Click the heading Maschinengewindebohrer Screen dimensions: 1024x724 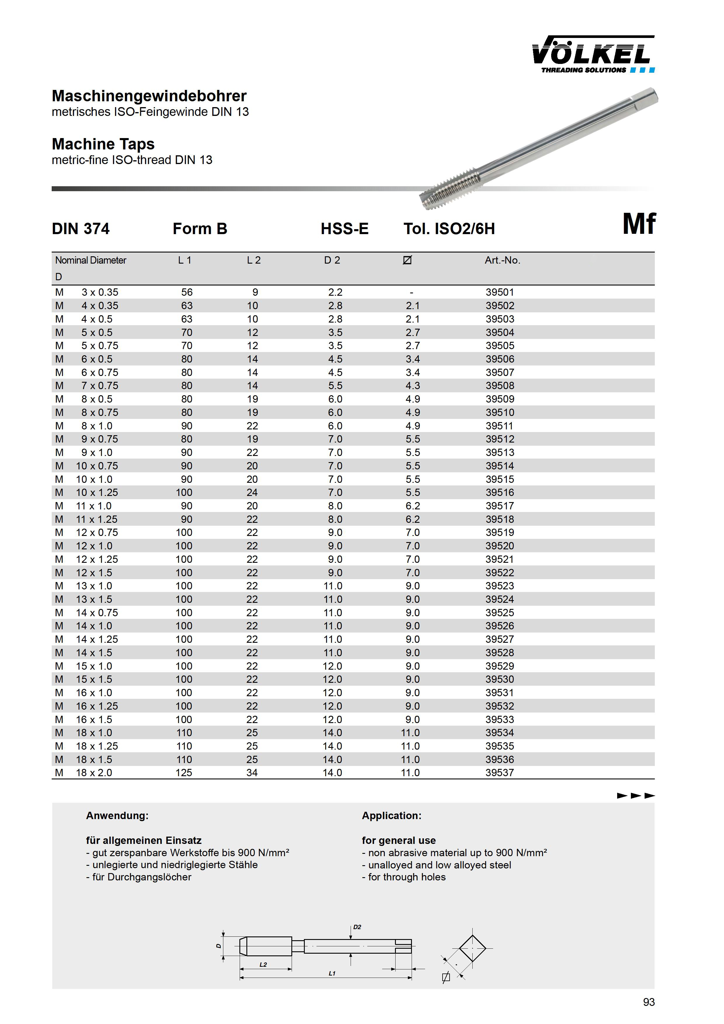coord(149,96)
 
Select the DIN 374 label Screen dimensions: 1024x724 coord(81,229)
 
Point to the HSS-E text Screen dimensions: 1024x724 coord(344,229)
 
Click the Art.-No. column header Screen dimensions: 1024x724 coord(502,260)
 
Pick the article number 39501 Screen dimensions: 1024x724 coord(500,292)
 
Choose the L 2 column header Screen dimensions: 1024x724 coord(253,260)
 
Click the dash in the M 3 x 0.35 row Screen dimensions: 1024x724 coord(411,292)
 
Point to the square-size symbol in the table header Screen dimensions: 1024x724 coord(407,260)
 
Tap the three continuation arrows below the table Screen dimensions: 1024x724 coord(636,796)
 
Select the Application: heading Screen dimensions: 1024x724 coord(391,816)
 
